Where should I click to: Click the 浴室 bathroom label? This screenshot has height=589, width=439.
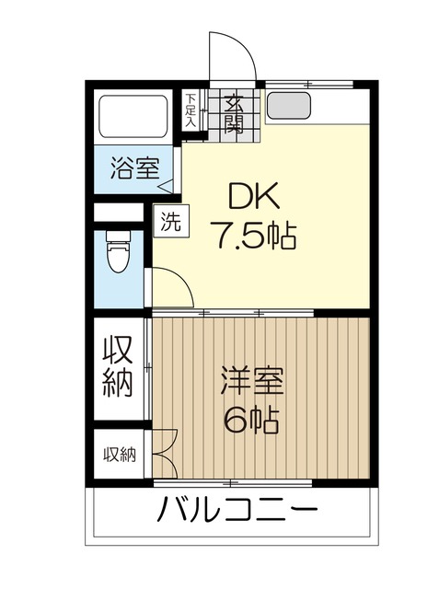(x=134, y=168)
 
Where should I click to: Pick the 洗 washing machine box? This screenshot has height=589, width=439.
(x=169, y=221)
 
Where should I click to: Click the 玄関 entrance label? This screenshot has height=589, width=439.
(x=233, y=113)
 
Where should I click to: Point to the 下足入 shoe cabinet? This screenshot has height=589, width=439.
(x=190, y=110)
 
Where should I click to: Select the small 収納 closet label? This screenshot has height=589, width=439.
(x=118, y=454)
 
